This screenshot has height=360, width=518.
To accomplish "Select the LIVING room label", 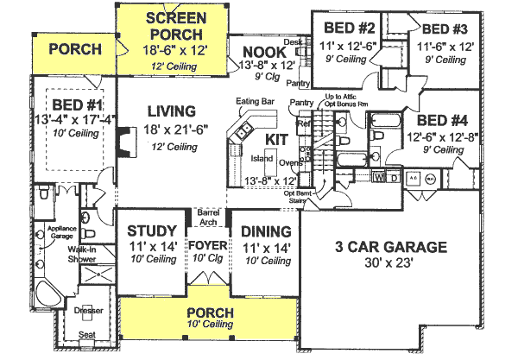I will [170, 111].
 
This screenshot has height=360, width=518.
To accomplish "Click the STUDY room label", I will [152, 231].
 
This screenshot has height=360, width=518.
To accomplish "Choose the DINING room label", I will [264, 231].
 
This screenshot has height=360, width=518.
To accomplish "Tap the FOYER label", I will [207, 231].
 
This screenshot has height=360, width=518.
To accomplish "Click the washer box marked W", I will [381, 178].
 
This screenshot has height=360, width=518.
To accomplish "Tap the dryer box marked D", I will [394, 178].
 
